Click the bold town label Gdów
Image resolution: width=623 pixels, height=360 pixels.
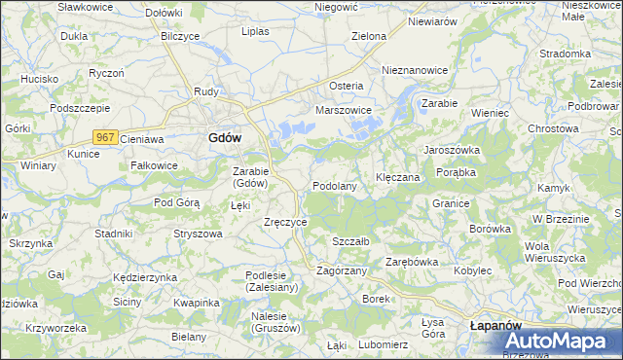tap(225, 138)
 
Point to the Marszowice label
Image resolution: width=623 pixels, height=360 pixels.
tap(344, 110)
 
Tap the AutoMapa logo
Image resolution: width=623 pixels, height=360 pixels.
tap(560, 342)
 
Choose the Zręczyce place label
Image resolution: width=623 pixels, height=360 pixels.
tap(286, 222)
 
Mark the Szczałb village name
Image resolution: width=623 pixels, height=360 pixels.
tap(350, 241)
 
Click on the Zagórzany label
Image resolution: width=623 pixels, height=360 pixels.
tap(342, 270)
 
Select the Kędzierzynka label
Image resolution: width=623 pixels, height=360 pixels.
tap(145, 277)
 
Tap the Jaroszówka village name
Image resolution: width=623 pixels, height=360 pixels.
tap(451, 151)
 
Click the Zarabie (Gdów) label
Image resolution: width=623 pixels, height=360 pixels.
tap(250, 177)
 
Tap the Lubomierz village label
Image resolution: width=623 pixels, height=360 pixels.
tap(383, 344)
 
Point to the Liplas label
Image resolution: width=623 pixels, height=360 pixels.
tap(255, 30)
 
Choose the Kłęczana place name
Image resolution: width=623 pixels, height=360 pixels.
tap(397, 178)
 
